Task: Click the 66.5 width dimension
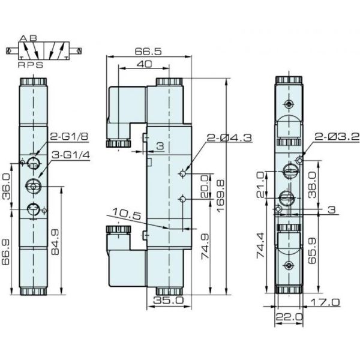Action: (x=149, y=52)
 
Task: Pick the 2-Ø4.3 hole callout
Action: (x=229, y=138)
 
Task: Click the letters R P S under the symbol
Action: (x=30, y=64)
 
